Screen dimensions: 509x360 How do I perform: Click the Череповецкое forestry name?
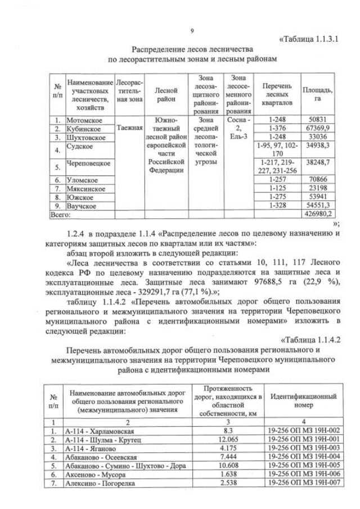point(88,164)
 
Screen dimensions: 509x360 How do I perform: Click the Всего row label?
point(60,214)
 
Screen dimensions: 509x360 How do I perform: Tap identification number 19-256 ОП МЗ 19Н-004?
point(303,457)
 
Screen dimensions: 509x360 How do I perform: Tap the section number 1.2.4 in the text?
point(76,233)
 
